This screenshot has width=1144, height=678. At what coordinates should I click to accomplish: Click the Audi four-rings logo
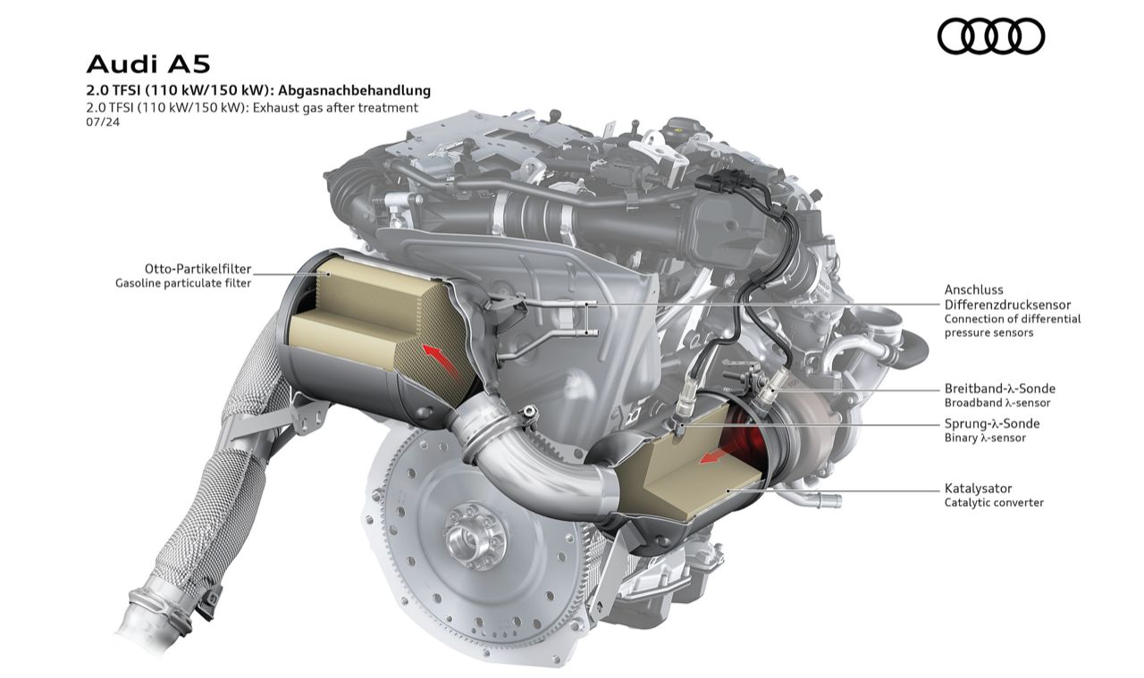click(x=991, y=37)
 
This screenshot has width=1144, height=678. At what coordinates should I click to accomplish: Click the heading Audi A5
click(x=148, y=65)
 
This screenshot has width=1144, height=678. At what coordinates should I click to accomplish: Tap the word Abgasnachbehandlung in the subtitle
click(x=355, y=90)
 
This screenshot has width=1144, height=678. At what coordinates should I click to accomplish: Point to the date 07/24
click(x=103, y=122)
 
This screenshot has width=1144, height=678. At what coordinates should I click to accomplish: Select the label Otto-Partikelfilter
click(x=198, y=269)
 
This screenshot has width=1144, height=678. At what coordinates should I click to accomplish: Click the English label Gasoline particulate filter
click(x=183, y=283)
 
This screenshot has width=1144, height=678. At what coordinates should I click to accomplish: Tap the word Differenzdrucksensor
click(x=1007, y=305)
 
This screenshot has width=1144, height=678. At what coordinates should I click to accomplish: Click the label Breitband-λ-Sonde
click(x=1000, y=389)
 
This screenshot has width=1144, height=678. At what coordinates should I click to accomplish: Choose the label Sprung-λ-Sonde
click(x=992, y=423)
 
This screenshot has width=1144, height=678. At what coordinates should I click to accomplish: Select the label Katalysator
click(x=978, y=488)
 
